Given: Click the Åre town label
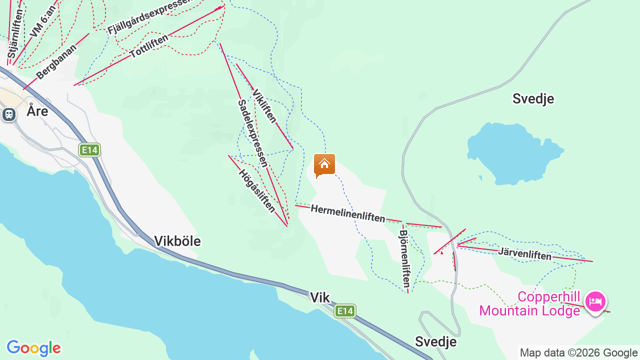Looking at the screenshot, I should pos(37,111).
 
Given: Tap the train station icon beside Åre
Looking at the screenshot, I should pos(8,114).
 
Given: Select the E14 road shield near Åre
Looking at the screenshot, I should pos(89,150).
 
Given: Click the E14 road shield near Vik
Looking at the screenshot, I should pos(345,311).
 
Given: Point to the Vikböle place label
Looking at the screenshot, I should pos(177,241).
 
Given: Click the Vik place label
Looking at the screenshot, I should pos(319,298).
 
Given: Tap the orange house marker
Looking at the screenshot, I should pos(324,164).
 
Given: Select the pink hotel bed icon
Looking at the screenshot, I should pos(595,301).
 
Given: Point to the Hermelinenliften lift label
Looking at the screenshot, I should pos(348,213).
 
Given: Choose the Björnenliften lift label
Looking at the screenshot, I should pos(405,258).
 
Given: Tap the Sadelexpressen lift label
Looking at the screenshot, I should pos(252,133).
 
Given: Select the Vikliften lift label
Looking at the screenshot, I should pos(264,106).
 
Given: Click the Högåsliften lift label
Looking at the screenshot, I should pos(256,190).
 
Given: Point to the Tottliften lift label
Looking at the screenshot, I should pos(148,46).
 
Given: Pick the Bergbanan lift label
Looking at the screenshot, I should pos(56,61).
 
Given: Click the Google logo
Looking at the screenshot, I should pos(33,348).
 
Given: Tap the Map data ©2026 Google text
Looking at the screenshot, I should pos(578,353).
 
